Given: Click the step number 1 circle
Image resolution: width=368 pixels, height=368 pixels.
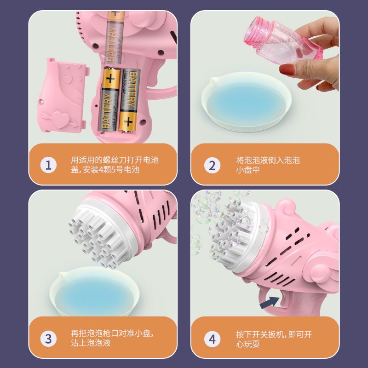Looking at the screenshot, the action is (48, 165).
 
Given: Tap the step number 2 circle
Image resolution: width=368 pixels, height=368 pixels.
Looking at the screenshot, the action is (212, 166).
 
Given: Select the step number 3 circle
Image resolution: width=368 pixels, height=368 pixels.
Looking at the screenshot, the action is (48, 339).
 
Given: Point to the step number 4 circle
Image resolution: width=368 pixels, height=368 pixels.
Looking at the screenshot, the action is (212, 339).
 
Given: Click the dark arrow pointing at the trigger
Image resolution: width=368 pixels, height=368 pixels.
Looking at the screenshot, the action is (270, 303).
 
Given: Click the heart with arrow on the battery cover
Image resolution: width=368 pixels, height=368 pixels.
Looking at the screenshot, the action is (60, 120).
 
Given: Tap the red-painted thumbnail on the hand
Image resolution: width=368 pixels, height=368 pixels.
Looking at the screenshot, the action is (287, 69).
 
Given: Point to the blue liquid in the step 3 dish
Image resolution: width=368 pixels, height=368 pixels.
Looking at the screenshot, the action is (96, 293).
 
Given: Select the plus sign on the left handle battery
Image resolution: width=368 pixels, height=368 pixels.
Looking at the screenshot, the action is (110, 79).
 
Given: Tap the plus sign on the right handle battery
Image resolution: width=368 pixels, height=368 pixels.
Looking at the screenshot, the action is (128, 121).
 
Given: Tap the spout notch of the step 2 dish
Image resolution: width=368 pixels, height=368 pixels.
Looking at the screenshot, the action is (213, 80).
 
